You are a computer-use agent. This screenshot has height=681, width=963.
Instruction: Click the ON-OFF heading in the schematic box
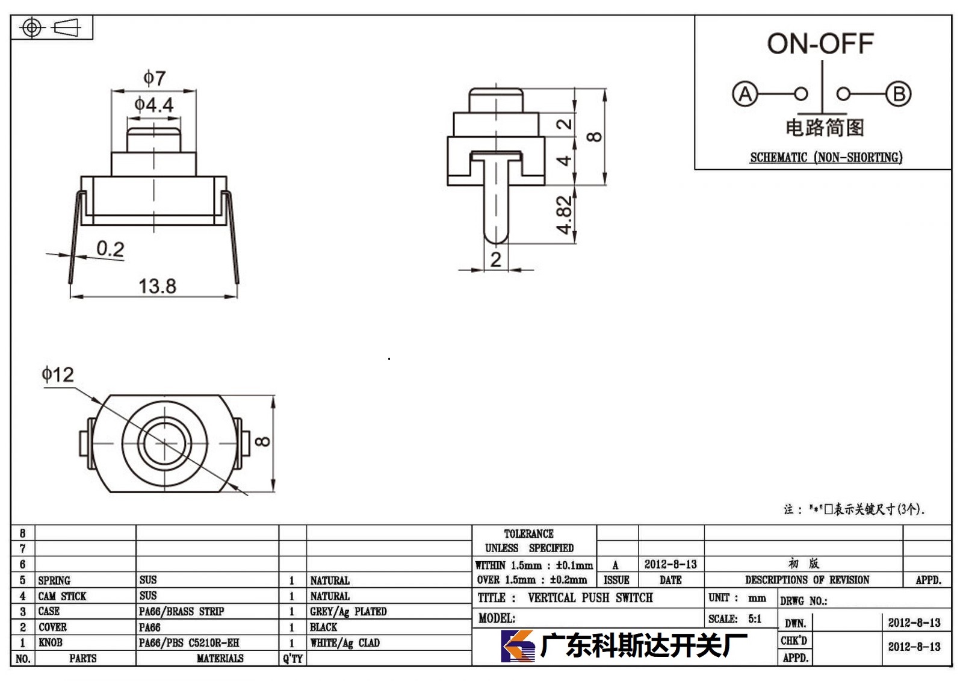pyautogui.click(x=820, y=43)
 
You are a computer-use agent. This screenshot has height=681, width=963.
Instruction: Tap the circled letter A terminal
pyautogui.click(x=745, y=94)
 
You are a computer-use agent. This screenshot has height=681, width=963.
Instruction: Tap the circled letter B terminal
pyautogui.click(x=899, y=94)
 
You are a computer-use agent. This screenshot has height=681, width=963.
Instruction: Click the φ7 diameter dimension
pyautogui.click(x=154, y=78)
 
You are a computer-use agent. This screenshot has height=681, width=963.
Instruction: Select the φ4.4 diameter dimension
pyautogui.click(x=154, y=105)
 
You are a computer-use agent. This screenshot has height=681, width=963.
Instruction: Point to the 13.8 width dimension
pyautogui.click(x=157, y=286)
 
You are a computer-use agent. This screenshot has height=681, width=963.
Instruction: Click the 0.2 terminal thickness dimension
pyautogui.click(x=111, y=249)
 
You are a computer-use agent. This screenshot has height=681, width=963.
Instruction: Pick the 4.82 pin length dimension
pyautogui.click(x=564, y=215)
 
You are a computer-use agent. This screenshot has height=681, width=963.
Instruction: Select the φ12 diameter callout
pyautogui.click(x=58, y=375)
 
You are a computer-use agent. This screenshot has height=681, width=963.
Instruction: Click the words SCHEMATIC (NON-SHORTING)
pyautogui.click(x=826, y=157)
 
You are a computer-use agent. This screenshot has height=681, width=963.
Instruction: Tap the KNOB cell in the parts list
pyautogui.click(x=51, y=642)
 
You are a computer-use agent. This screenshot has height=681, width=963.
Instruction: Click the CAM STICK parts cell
pyautogui.click(x=62, y=596)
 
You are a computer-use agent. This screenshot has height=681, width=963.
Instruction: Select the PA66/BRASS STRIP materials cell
pyautogui.click(x=181, y=611)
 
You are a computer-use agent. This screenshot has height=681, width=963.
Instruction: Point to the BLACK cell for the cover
pyautogui.click(x=323, y=627)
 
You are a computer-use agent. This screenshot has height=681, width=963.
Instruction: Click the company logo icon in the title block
pyautogui.click(x=518, y=645)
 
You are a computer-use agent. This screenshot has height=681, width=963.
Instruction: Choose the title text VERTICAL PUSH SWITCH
pyautogui.click(x=590, y=597)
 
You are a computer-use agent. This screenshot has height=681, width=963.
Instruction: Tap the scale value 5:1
pyautogui.click(x=755, y=618)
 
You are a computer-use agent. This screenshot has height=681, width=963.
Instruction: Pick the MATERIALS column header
pyautogui.click(x=220, y=658)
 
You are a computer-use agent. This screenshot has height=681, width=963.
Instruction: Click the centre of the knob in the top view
pyautogui.click(x=165, y=444)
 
